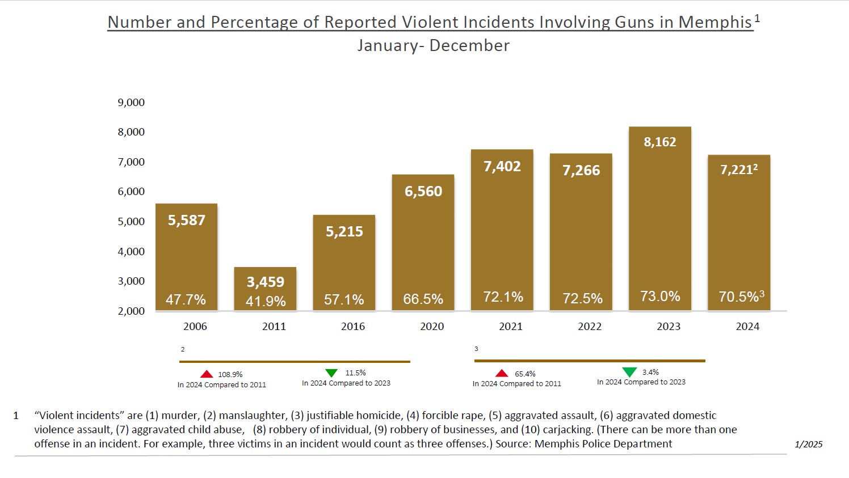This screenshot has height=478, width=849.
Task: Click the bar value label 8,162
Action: [659, 142]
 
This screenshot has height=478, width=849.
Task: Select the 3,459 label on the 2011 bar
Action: [265, 282]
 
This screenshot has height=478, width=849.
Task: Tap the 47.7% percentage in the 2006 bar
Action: [186, 299]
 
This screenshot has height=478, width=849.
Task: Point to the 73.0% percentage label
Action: [660, 296]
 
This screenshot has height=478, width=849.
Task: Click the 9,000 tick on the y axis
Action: [131, 103]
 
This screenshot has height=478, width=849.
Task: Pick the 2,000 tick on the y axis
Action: [131, 311]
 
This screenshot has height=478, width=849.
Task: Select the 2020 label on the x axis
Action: [431, 327]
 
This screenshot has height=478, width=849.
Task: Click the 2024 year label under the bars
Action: [747, 327]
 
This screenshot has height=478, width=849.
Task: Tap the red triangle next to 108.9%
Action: [207, 374]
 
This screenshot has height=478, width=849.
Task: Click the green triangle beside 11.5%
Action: [331, 373]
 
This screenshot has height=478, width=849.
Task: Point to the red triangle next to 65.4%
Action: [502, 373]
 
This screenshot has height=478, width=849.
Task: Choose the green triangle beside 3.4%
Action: [629, 372]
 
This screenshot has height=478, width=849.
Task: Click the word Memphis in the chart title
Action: [715, 22]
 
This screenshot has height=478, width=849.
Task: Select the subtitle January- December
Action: [433, 45]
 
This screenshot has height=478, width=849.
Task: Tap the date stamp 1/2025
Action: [808, 444]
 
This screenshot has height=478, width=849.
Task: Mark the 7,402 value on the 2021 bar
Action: [502, 166]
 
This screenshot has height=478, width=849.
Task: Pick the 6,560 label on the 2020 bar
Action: [423, 191]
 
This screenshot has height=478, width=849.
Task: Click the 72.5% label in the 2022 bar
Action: [582, 298]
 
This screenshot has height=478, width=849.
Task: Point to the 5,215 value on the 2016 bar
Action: [344, 231]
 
